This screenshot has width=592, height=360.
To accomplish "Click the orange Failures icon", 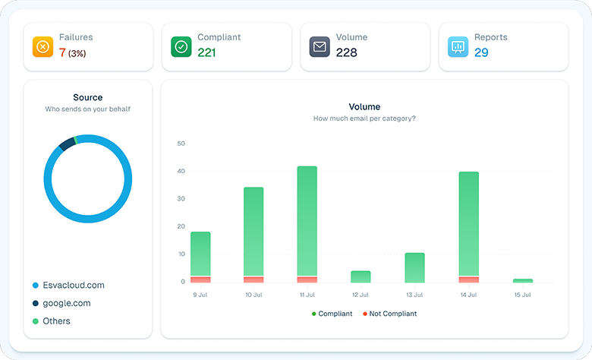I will tap(43, 47).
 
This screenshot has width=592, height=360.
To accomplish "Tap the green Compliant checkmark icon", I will tap(181, 47).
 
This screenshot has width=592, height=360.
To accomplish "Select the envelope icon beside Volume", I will tap(320, 47).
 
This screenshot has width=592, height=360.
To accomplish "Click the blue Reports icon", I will tap(458, 47).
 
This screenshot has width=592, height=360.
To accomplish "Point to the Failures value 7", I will tap(62, 53).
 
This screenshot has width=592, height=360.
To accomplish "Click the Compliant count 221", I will tap(207, 53).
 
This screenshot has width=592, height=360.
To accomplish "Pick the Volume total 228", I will tap(346, 53).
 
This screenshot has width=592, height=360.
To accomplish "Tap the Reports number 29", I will tap(481, 53).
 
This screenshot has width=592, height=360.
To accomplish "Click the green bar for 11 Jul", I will tap(307, 220).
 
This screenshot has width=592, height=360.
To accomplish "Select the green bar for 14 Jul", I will tap(469, 224).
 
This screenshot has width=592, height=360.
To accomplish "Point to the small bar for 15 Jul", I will tap(523, 280).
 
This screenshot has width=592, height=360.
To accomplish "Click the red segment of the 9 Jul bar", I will tap(200, 279).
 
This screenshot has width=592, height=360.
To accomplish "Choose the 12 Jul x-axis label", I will tap(361, 294).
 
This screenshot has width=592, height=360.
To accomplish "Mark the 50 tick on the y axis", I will tap(181, 144).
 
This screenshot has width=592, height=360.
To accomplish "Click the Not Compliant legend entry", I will tap(389, 314).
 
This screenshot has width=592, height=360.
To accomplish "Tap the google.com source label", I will tap(66, 303).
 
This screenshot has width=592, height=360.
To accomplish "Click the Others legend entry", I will tap(55, 321).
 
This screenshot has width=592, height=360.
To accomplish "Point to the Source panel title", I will tap(87, 98).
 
